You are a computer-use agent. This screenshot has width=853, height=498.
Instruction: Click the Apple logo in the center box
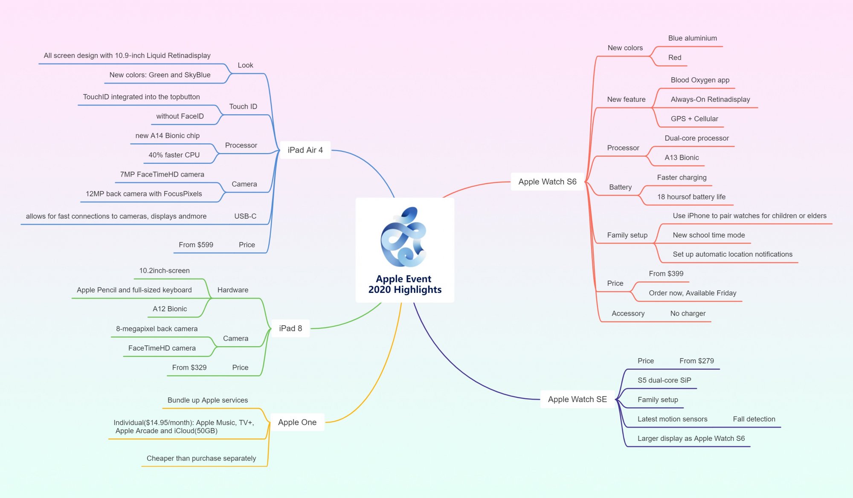pos(403,237)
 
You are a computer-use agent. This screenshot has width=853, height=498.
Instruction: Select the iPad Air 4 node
pos(305,150)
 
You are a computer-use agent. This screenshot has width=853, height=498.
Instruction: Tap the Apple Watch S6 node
pos(547,182)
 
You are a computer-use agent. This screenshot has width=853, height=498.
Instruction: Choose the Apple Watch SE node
pos(577,400)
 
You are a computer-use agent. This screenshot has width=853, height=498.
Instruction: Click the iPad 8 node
pos(290,328)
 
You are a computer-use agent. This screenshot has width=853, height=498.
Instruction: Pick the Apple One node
pos(297,422)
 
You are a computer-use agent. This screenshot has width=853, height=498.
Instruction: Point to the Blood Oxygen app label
pos(700,80)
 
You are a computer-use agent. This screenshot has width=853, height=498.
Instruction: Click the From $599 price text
pos(196,245)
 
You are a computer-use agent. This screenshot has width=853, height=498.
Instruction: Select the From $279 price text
pos(696,361)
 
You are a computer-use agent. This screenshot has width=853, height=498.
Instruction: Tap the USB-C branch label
pos(245,216)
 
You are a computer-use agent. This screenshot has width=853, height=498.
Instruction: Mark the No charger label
pos(688,313)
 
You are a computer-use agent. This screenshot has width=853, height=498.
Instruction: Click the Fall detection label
pos(754,419)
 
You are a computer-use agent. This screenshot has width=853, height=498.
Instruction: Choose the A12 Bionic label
pos(170,309)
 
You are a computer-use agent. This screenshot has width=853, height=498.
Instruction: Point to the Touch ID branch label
pos(243,107)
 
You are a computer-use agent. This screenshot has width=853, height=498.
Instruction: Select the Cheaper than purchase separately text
pos(201,458)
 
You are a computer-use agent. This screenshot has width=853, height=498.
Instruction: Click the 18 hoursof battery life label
pos(691,197)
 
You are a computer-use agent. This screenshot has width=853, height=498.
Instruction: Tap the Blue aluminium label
pos(692,38)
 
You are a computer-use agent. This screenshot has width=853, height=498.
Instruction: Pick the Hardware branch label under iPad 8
pos(232,290)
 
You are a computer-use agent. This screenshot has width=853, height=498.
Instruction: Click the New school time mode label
pos(708,235)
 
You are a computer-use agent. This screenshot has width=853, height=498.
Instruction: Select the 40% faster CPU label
pos(174,155)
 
